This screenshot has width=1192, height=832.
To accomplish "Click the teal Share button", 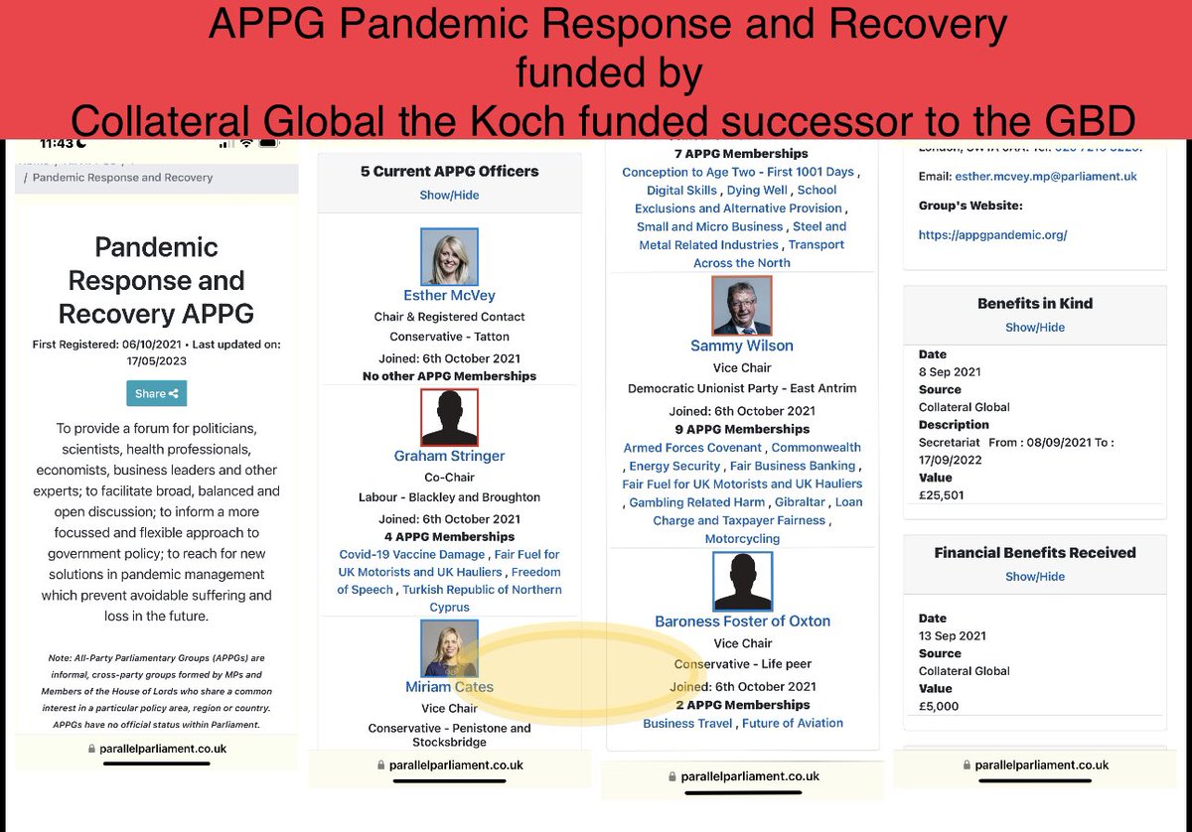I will pos(156,393).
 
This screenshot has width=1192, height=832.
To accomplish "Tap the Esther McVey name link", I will pos(449,295).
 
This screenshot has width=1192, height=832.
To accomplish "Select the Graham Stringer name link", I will pos(449,456).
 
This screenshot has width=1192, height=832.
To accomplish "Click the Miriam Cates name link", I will pos(449,687).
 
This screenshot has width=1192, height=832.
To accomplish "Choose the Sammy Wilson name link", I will pos(741,346).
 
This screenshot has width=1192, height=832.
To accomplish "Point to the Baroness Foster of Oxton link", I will pos(742,621).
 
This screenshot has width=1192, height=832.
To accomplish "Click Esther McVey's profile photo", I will pos(449,256).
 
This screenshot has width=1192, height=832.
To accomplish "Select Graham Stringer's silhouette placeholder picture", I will pos(449,417).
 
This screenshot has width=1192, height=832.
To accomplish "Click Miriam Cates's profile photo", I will pos(449,648).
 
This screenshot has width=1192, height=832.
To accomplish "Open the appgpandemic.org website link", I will pos(992,235).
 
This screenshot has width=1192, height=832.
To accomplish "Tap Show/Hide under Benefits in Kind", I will pos(1034,327).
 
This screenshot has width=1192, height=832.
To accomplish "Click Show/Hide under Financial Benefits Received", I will pos(1034,576).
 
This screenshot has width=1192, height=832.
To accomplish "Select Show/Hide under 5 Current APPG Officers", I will pos(449,195).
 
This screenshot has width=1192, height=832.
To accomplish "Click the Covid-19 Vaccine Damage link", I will pos(411,554).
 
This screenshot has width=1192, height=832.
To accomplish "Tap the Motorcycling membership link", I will pos(742,538).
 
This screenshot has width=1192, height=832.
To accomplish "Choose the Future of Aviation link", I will pos(793,723).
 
